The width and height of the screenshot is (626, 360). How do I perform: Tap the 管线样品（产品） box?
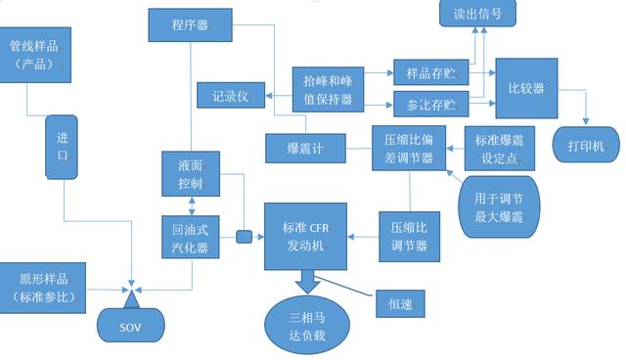(x=35, y=54)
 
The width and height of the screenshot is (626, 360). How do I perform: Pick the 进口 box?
(x=63, y=146)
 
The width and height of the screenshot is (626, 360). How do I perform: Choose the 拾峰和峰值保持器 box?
(x=328, y=88)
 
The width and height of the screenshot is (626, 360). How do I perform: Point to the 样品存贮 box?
(x=431, y=73)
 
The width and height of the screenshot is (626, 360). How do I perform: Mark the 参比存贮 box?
(x=431, y=103)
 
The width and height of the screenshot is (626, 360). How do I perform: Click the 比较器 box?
(x=526, y=88)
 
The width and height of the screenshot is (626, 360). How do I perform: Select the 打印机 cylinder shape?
(x=586, y=146)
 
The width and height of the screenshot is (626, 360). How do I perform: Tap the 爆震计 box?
(x=304, y=149)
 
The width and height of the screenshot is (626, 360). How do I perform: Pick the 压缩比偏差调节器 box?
(x=409, y=150)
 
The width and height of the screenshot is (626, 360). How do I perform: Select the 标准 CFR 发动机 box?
(x=306, y=236)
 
